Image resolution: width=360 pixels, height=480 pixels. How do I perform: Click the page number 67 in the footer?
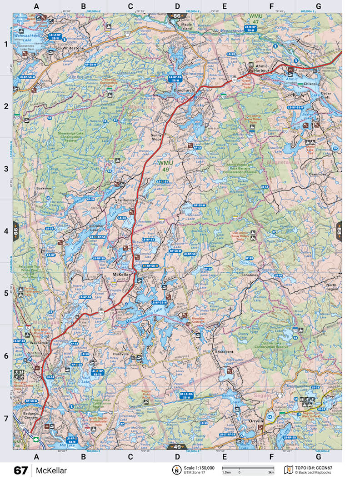pos(20,470)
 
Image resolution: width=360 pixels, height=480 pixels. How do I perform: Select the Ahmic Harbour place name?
pos(260,68)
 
